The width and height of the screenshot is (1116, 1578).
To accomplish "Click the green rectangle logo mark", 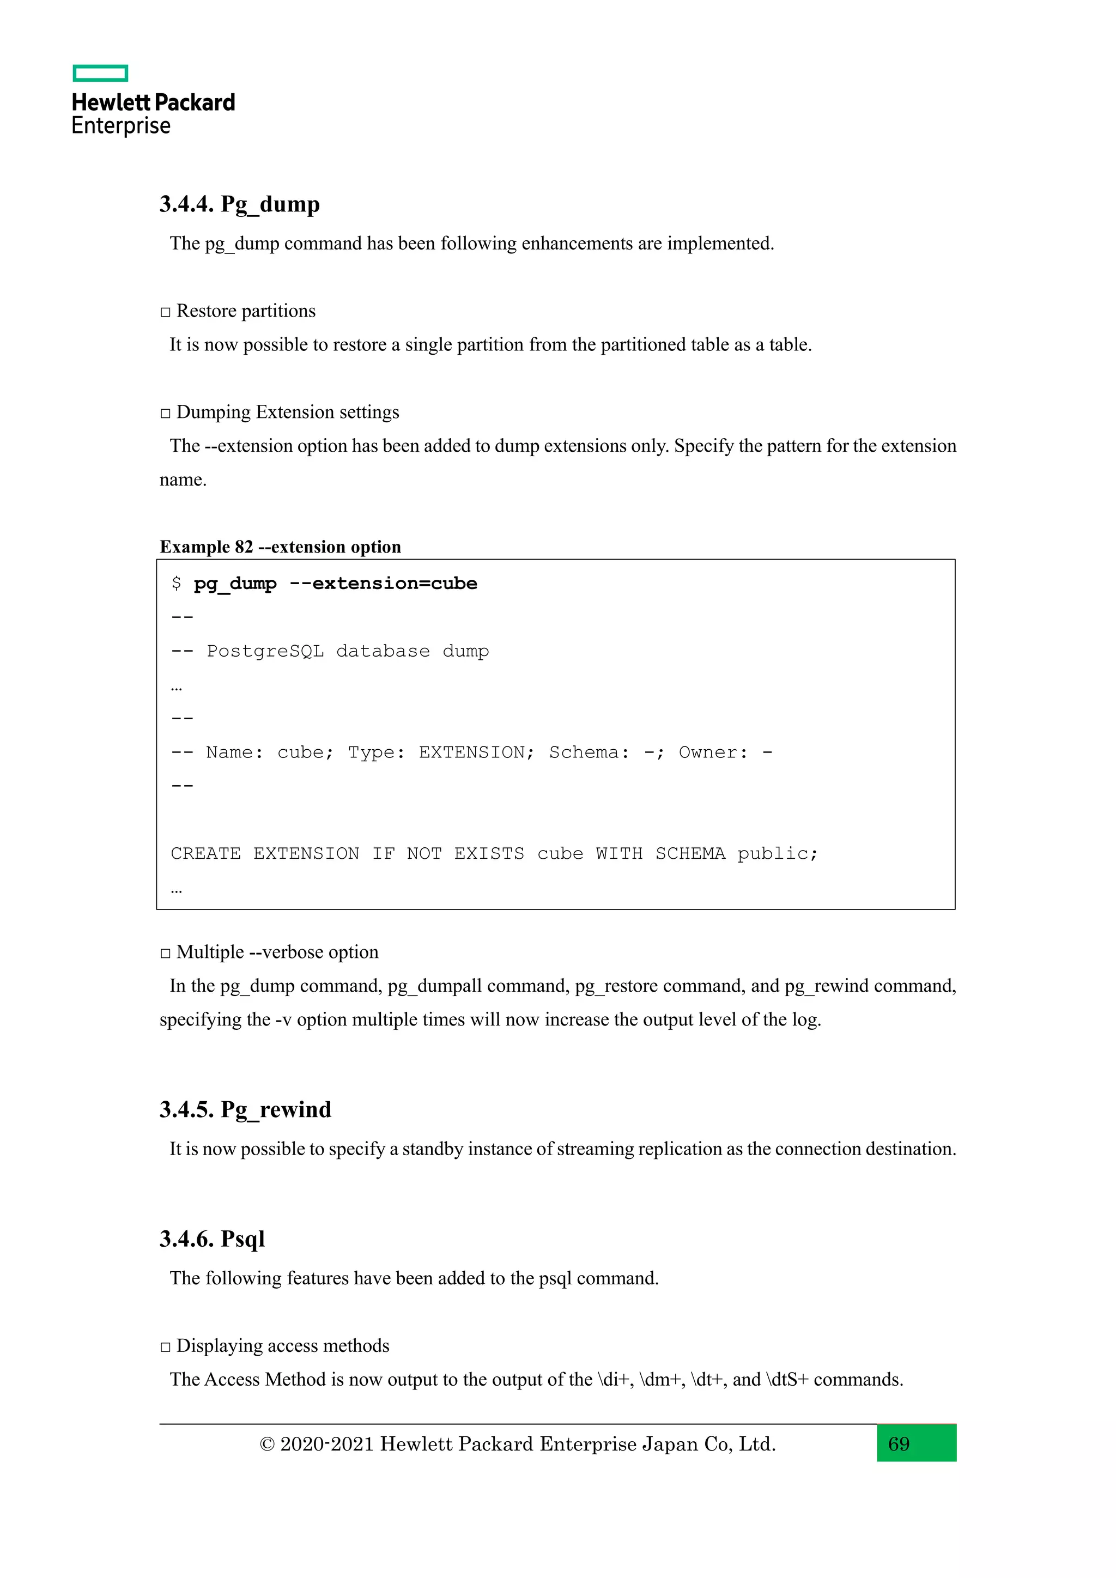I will pyautogui.click(x=100, y=73).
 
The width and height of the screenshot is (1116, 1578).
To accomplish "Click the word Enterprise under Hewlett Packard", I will pyautogui.click(x=121, y=126).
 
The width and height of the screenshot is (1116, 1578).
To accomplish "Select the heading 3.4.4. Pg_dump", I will pyautogui.click(x=239, y=204).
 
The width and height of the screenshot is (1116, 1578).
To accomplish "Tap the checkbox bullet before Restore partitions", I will pyautogui.click(x=165, y=312).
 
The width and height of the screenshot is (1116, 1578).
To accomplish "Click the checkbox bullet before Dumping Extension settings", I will pyautogui.click(x=165, y=413).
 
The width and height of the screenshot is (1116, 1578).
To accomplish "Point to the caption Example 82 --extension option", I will pyautogui.click(x=281, y=547).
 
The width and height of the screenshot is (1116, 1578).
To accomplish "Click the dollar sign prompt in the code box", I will pyautogui.click(x=177, y=584).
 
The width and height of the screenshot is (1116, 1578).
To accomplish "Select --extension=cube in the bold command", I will pyautogui.click(x=383, y=584).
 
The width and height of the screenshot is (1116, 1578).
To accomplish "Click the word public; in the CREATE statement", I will pyautogui.click(x=777, y=854).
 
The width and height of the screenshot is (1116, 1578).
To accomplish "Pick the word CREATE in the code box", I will pyautogui.click(x=205, y=854).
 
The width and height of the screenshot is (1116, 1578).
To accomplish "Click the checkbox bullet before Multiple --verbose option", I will pyautogui.click(x=165, y=953).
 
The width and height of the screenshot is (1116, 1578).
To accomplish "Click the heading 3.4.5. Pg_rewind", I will pyautogui.click(x=245, y=1110).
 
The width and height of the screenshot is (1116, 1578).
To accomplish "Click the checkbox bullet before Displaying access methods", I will pyautogui.click(x=165, y=1346).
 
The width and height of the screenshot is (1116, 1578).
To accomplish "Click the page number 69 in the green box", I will pyautogui.click(x=898, y=1444).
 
